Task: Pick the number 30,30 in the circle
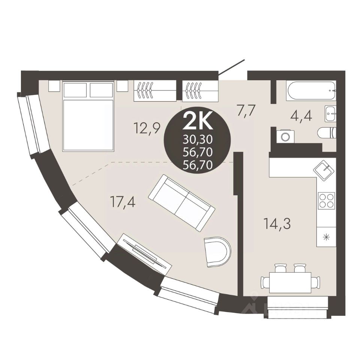click(x=198, y=139)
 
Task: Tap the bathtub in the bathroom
click(x=310, y=91)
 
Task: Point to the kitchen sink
click(x=323, y=170)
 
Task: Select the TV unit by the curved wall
click(x=144, y=253)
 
